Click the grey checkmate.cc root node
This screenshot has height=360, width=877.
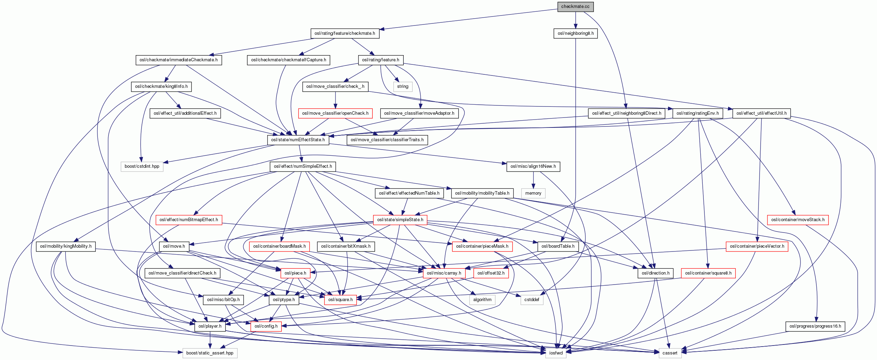(x=575, y=7)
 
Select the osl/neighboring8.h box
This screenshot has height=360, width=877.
(x=576, y=33)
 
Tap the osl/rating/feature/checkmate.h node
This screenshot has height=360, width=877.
(x=344, y=33)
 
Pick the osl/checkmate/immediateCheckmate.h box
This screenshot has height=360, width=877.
(x=178, y=60)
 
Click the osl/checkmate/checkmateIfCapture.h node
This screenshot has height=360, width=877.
(x=288, y=60)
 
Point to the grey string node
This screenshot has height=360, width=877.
(x=402, y=86)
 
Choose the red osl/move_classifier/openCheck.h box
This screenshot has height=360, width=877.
(x=335, y=113)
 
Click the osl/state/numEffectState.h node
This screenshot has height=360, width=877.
(x=298, y=140)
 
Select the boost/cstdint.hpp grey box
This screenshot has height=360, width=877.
(x=142, y=166)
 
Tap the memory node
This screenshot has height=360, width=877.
(x=533, y=193)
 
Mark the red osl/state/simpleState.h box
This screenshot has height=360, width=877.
(x=400, y=220)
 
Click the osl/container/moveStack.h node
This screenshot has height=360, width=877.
(x=797, y=220)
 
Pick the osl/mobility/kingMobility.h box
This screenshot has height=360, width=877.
(x=66, y=246)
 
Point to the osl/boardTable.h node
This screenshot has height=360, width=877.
(x=558, y=246)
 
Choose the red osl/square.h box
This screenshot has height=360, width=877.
(x=340, y=300)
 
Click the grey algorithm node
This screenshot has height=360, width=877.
(x=482, y=300)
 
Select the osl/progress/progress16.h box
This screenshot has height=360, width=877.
(x=815, y=326)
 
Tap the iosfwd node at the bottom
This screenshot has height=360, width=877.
(x=556, y=353)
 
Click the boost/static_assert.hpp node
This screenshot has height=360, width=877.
(x=209, y=353)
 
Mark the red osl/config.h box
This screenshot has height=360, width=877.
(x=266, y=326)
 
